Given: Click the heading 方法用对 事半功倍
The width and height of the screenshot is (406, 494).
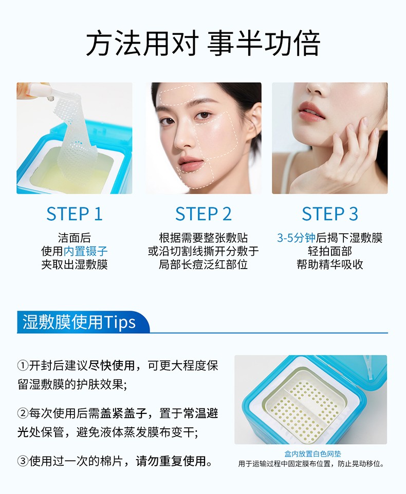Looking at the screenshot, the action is tap(203, 44).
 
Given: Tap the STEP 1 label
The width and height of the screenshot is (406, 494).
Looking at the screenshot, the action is tap(75, 214).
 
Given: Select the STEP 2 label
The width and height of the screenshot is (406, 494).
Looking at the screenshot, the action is tap(204, 214).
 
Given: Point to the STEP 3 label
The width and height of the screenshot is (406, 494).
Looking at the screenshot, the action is tap(330, 214).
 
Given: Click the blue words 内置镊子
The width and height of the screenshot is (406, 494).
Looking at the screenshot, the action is tap(85, 252).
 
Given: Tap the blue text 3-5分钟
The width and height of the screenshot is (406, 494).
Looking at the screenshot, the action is tap(297, 238).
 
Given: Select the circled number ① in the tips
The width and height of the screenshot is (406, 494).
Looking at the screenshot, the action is tap(23, 366).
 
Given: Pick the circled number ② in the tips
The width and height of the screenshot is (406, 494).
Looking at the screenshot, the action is tap(23, 413).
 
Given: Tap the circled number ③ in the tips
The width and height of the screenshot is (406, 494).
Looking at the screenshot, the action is tap(23, 461).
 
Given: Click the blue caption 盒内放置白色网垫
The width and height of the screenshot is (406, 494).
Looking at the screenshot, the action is tap(312, 454).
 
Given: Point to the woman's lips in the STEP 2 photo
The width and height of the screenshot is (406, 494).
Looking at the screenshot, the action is tap(190, 165).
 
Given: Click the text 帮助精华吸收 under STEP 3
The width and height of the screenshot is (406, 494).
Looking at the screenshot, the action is tap(330, 264).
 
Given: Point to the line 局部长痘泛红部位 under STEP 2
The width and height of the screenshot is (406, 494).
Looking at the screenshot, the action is tap(204, 264).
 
